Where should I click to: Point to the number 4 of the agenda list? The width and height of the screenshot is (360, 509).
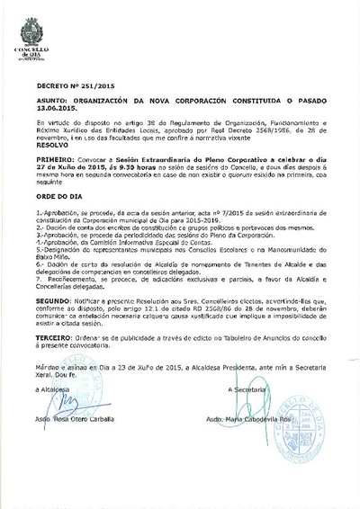click(39, 243)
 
